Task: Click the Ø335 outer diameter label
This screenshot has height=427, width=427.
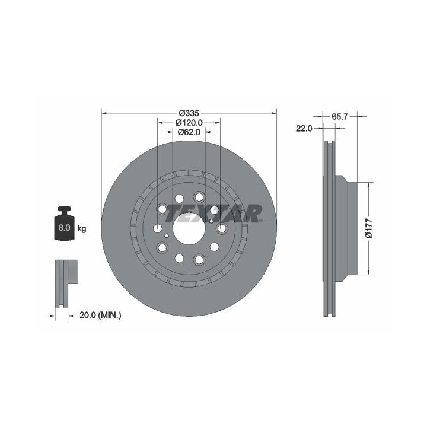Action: coord(189,113)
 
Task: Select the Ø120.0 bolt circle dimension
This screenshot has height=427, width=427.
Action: coord(189,123)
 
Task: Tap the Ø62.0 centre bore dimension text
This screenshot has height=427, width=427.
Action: coord(189,132)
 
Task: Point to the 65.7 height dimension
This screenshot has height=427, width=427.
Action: coord(340,117)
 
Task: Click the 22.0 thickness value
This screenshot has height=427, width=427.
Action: coord(304,128)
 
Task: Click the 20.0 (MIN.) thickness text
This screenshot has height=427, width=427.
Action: coord(100,316)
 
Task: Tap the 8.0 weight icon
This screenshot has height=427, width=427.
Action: coord(64,224)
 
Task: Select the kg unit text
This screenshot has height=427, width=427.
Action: coord(82,228)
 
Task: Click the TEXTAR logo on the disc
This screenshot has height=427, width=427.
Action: coord(213,213)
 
